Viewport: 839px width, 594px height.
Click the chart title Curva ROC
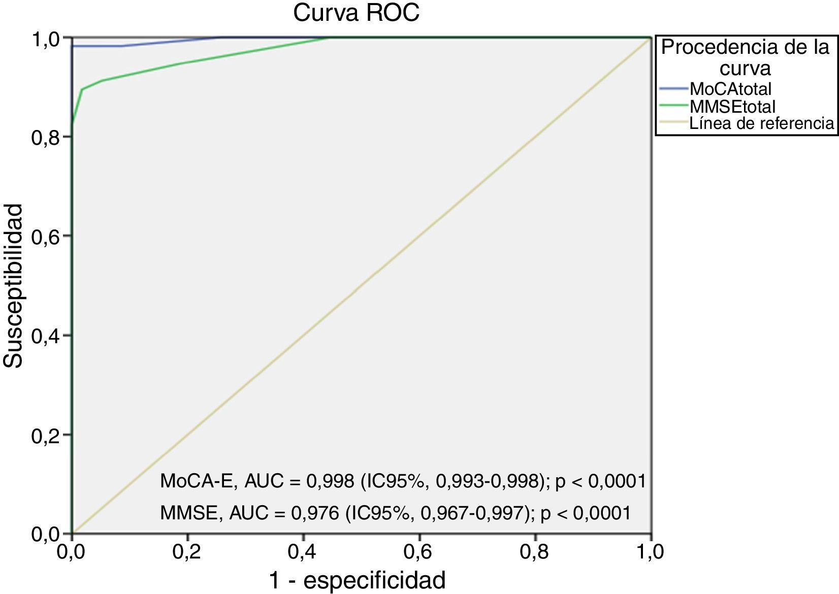tap(356, 13)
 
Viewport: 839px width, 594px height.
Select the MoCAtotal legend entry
tap(730, 89)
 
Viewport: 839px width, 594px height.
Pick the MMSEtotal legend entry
tap(732, 107)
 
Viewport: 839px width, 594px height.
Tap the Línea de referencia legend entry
tap(761, 123)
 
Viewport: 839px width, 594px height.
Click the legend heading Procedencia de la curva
tap(745, 57)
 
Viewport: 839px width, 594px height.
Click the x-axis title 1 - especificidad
tap(357, 580)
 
